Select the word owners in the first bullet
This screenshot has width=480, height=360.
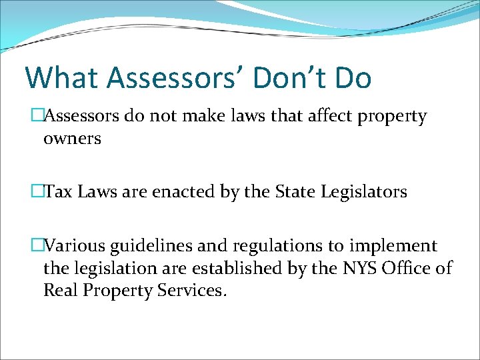tap(72, 139)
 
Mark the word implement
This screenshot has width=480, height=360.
tap(395, 246)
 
